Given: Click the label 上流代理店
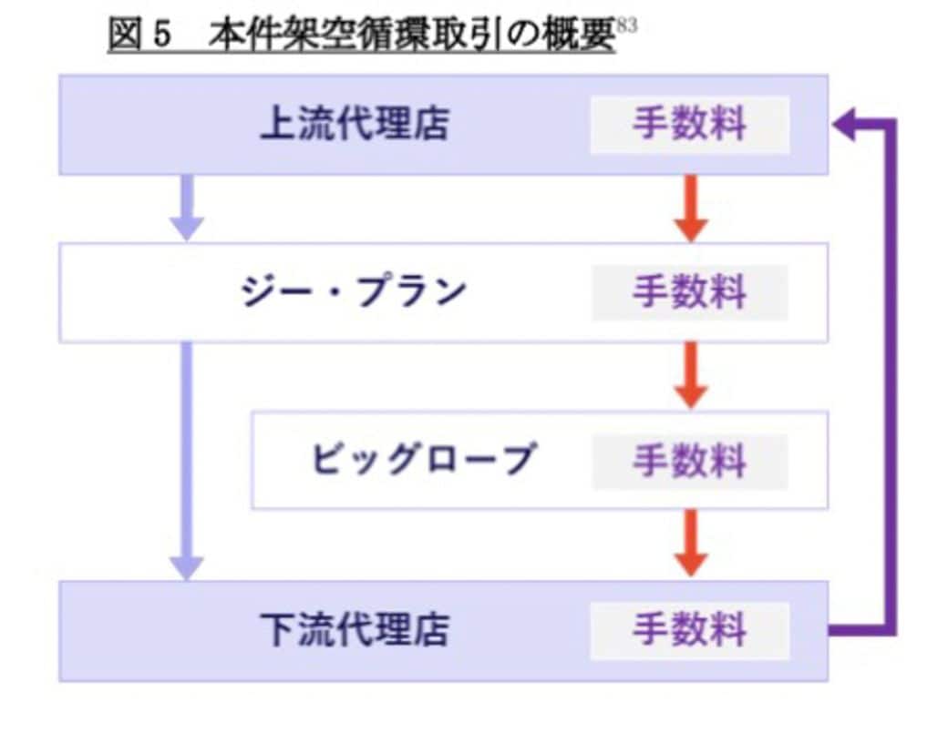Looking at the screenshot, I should tap(354, 125).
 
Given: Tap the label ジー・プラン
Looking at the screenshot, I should tap(353, 293).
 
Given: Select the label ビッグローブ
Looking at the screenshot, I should tap(421, 460).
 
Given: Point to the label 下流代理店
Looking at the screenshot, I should tap(354, 630).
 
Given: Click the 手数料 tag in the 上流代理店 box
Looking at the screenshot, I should tap(689, 125).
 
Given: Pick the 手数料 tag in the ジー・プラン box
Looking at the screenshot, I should tap(689, 293).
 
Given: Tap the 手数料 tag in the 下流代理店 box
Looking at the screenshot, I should tap(689, 630).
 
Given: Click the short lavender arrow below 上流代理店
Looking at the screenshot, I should tap(187, 208).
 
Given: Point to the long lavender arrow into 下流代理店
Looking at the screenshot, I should tap(187, 460).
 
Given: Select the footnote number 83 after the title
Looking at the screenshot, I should tap(626, 25).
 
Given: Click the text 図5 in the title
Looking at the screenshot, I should tap(139, 36).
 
